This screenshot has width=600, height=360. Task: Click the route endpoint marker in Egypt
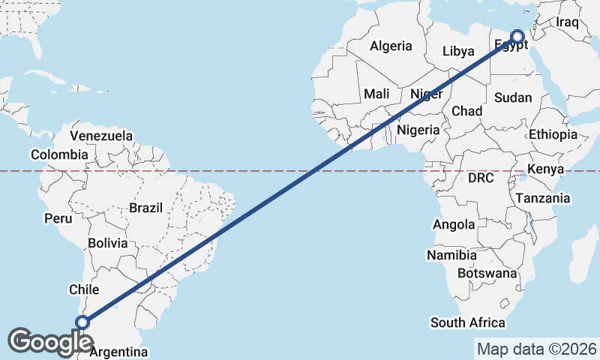[517, 36]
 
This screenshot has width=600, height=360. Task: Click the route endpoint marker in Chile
[82, 322]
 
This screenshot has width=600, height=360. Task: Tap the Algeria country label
[391, 46]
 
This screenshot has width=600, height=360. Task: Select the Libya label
[458, 52]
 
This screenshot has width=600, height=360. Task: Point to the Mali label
[376, 94]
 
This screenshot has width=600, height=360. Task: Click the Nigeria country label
[418, 130]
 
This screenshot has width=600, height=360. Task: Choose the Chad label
[466, 111]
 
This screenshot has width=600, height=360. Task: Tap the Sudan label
[513, 97]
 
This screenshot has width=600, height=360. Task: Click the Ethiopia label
[553, 135]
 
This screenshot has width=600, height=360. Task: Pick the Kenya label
[545, 169]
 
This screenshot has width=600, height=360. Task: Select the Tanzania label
[542, 198]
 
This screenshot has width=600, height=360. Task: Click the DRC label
[481, 178]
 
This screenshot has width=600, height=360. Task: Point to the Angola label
[454, 224]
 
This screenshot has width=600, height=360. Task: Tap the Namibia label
[451, 255]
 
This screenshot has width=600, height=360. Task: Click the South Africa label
[467, 322]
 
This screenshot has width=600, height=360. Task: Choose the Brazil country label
[145, 208]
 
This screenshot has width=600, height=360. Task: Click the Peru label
[58, 219]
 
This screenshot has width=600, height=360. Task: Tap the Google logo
[50, 341]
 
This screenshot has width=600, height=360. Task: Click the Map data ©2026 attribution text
[536, 349]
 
